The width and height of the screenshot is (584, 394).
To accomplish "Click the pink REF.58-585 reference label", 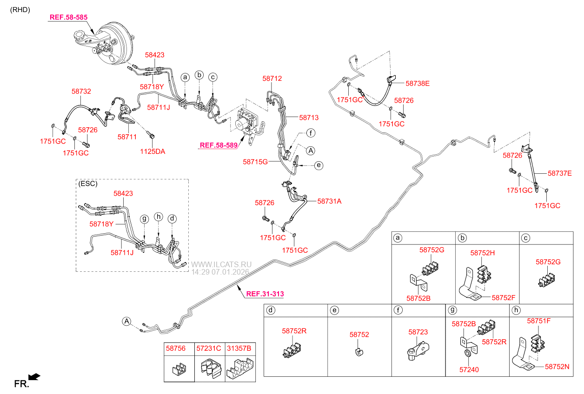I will click(68, 17).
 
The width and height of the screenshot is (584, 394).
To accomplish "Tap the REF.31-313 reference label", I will click(265, 294).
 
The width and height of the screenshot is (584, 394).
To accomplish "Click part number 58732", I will click(81, 92).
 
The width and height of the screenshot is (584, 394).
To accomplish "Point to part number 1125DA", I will click(153, 151).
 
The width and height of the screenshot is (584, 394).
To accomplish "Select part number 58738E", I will click(417, 84).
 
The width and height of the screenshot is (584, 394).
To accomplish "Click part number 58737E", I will click(559, 173).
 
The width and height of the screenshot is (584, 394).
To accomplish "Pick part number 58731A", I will click(329, 201).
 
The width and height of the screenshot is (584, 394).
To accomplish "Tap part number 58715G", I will click(255, 162).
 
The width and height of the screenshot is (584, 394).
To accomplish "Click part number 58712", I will click(272, 79).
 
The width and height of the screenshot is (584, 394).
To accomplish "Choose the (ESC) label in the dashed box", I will click(87, 184).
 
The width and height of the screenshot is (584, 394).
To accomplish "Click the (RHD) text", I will click(20, 9).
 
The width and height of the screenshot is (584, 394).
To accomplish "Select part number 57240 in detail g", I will click(469, 370).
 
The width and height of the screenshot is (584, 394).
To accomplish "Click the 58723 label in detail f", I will click(418, 332).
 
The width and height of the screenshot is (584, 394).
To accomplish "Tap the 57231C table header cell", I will click(208, 348).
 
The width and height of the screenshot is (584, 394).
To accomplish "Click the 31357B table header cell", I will click(239, 348).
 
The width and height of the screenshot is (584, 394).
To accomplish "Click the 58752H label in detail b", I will click(482, 253).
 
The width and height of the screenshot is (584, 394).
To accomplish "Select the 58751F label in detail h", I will click(539, 321).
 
